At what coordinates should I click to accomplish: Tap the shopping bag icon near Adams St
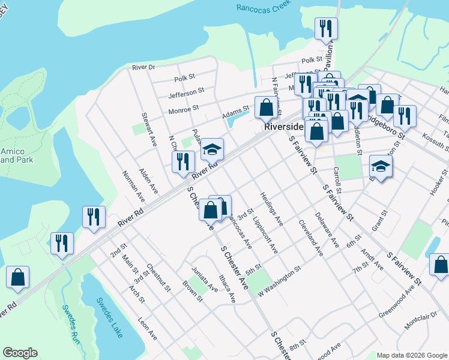point(265,107)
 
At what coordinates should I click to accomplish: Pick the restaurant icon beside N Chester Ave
point(183,161)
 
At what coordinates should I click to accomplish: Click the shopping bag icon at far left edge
point(18,277)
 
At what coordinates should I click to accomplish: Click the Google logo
point(20,353)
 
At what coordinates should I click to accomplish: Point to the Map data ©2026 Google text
point(412,355)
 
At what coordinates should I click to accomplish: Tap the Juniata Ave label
point(204,280)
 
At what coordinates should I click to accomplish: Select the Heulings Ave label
point(271,209)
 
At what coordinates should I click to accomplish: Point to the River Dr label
point(143,67)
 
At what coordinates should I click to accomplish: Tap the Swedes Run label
point(70,319)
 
